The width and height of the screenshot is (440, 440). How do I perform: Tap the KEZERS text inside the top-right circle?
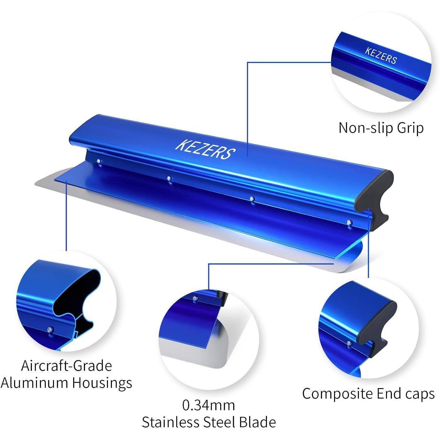point(381,56)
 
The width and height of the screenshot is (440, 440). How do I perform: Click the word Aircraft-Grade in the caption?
point(67,366)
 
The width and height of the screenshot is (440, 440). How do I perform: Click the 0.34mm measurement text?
point(209,405)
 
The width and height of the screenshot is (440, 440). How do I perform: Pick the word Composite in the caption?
point(338,394)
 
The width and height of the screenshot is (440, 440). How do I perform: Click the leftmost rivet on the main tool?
point(99,161)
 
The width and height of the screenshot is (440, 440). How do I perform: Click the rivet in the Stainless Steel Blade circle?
point(195,298)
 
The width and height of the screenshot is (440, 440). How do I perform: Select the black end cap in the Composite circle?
point(378,326)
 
